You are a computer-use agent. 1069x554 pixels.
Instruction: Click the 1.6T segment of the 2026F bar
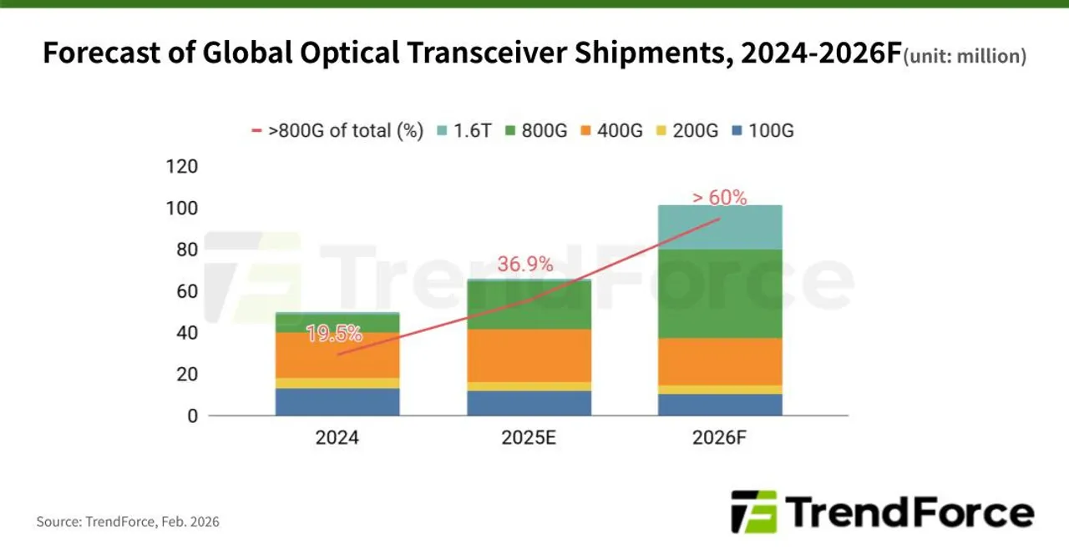719,227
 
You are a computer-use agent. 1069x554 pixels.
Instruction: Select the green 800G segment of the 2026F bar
719,293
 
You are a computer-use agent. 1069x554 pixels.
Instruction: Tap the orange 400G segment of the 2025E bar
528,355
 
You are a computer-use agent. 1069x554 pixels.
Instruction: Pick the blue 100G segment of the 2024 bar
337,401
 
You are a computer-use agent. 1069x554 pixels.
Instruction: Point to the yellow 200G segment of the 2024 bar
337,383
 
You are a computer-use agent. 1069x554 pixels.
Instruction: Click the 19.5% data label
334,334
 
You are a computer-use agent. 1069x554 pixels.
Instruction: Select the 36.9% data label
525,264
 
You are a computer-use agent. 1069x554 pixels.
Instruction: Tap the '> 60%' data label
719,198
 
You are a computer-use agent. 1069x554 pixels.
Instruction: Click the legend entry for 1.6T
464,131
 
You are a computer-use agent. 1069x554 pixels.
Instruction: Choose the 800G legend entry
542,131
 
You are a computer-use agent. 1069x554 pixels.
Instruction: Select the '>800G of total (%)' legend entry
337,131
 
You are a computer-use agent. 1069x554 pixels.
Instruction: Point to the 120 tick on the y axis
181,166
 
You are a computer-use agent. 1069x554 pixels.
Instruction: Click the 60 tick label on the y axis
186,291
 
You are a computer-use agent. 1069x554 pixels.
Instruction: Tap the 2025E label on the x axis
528,438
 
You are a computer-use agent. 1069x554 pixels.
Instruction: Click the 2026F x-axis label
719,438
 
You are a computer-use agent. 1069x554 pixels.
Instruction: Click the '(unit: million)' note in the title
965,57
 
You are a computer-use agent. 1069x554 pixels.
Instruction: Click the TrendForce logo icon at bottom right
753,511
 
